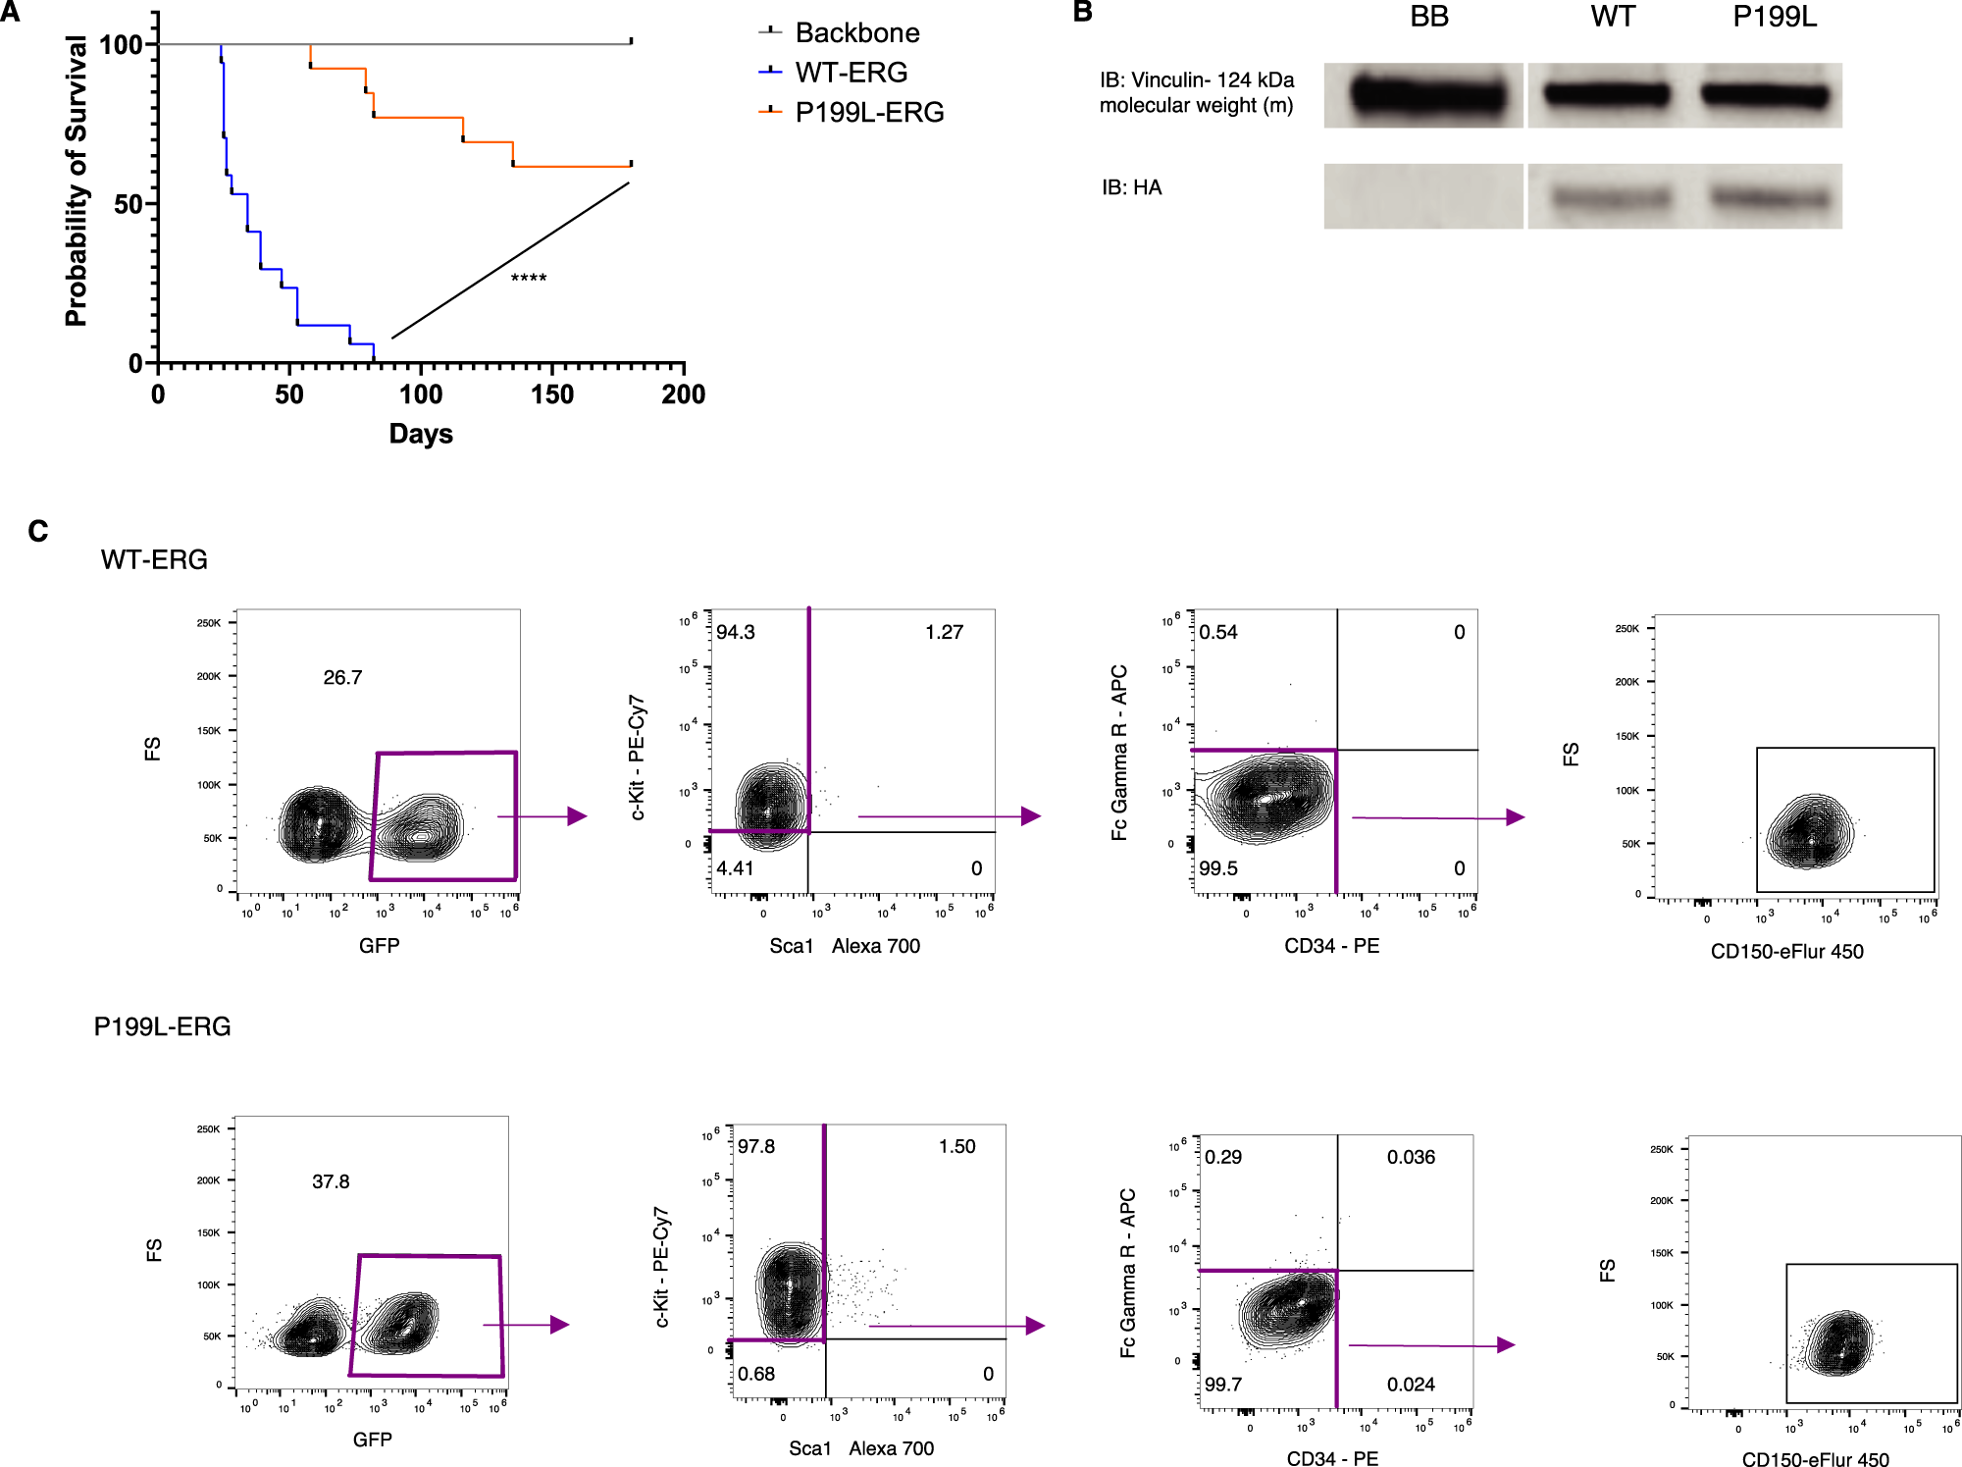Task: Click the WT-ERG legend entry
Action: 850,73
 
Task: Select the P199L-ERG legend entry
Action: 868,113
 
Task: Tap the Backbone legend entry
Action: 856,33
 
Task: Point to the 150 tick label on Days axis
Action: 551,394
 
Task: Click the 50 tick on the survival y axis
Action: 129,204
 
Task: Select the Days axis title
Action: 421,434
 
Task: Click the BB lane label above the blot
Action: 1429,18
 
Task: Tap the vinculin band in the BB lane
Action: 1427,96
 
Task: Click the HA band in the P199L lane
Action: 1770,199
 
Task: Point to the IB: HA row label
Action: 1131,187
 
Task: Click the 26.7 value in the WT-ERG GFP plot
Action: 342,678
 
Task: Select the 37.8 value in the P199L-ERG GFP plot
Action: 331,1181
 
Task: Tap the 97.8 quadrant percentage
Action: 756,1146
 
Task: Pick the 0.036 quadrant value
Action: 1410,1157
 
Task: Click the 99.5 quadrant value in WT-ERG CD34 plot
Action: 1218,868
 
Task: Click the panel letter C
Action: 38,532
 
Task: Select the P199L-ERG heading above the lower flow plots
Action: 162,1027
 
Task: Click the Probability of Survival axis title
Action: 77,182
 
